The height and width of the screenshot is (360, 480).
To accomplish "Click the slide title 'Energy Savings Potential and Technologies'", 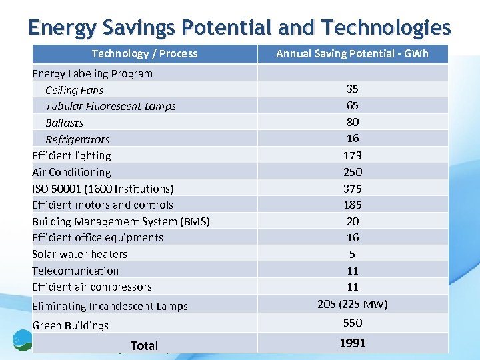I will click(x=239, y=27).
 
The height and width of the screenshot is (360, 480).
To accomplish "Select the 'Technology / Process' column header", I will click(x=145, y=54).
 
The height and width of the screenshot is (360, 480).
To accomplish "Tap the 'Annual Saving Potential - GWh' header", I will click(x=352, y=54).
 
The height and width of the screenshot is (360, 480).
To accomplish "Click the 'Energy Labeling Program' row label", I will click(x=92, y=73).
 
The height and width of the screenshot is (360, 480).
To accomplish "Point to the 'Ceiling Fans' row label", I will click(x=74, y=90).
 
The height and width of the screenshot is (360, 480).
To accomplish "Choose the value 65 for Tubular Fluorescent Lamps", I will click(x=353, y=105).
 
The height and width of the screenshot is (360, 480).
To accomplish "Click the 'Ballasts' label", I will click(x=64, y=123).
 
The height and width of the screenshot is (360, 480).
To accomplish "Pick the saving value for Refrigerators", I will click(x=353, y=138).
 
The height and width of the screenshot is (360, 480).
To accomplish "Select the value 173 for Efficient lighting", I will click(x=353, y=155).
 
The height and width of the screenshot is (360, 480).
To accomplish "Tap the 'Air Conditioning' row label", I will click(x=71, y=172).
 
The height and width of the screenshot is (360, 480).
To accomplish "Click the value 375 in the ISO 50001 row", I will click(x=353, y=189).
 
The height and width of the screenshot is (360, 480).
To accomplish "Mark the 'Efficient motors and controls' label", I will click(x=102, y=205).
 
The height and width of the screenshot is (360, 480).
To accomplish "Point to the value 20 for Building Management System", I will click(x=353, y=221).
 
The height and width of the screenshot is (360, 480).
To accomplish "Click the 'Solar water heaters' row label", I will click(x=79, y=254).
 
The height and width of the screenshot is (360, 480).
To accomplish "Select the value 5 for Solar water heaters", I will click(x=353, y=254).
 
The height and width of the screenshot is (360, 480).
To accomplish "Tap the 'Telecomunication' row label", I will click(x=75, y=271).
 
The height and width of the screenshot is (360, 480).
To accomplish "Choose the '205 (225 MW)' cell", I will click(x=353, y=304).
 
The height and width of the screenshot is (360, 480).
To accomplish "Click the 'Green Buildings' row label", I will click(x=70, y=325).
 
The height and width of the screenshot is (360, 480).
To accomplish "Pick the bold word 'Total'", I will click(x=144, y=345).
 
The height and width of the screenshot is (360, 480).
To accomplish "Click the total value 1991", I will click(x=353, y=343).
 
